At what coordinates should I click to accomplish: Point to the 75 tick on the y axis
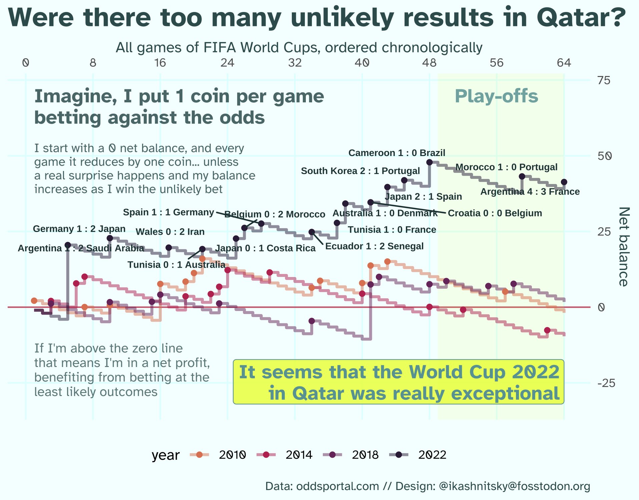604,80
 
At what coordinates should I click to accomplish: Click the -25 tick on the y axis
606,383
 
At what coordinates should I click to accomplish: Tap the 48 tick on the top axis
429,63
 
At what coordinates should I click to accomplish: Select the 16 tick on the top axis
160,63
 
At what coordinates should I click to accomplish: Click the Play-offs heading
496,96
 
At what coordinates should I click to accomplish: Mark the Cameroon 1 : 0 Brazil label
397,153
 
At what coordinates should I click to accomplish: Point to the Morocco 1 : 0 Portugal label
506,167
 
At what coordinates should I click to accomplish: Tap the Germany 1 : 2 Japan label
79,229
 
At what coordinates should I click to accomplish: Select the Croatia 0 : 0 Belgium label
495,213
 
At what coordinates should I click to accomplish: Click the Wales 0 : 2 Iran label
170,232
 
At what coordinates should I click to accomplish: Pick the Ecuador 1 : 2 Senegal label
374,246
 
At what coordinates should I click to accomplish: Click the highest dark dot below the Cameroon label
430,162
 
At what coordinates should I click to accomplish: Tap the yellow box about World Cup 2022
399,382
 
